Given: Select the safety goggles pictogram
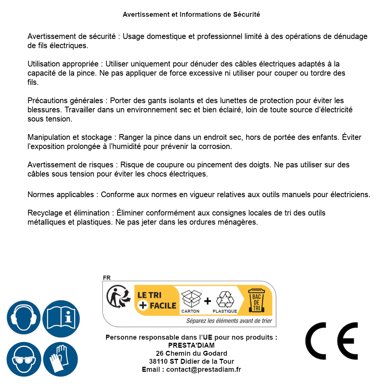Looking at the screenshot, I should point(24,359).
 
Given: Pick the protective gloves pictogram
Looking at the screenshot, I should point(61,359).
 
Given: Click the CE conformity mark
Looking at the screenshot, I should point(332,341).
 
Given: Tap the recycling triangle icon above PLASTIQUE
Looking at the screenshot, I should point(225,299).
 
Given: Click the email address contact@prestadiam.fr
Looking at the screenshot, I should point(204,369).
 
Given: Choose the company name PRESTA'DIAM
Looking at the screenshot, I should point(191,345).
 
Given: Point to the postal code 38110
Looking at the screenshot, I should point(158,361).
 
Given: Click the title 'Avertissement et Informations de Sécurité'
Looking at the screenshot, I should point(191,15).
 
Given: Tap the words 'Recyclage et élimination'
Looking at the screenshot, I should point(69,213).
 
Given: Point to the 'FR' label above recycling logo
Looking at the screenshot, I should point(107,278).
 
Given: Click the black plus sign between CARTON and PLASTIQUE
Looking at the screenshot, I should point(207,301).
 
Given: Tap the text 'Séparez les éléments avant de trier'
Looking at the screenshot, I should point(229,321).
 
